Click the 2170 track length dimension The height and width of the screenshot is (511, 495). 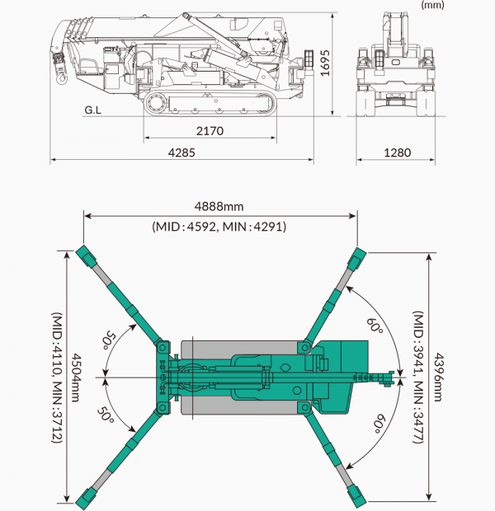(210, 131)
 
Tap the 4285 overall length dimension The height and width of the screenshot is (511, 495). (181, 152)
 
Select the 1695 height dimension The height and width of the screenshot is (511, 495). (325, 63)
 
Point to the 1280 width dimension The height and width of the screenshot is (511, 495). (397, 152)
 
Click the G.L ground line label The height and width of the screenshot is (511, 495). (93, 110)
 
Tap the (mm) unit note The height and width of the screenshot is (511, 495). (432, 5)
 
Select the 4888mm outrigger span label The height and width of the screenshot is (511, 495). (219, 207)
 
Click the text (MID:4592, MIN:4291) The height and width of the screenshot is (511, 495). (219, 227)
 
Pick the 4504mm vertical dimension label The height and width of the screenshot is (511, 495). (75, 377)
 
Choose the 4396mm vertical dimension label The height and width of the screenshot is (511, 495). (438, 377)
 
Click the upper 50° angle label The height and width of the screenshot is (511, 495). (109, 340)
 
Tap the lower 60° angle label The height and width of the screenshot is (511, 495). (379, 424)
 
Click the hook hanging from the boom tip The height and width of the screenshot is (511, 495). (61, 78)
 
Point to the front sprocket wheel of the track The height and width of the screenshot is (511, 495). (156, 102)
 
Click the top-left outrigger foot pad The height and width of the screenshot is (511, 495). (86, 256)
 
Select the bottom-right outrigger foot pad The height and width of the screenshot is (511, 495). (356, 498)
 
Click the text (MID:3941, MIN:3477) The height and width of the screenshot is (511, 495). (418, 377)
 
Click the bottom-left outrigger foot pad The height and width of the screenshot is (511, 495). (86, 499)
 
